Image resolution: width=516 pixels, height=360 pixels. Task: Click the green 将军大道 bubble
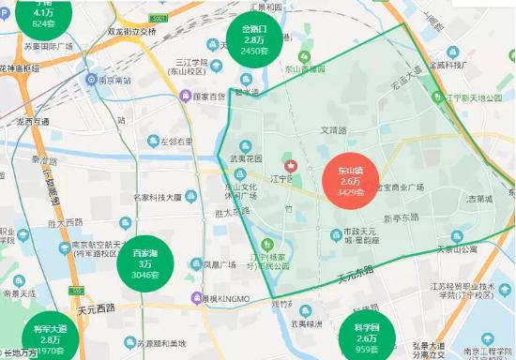pyautogui.click(x=51, y=338)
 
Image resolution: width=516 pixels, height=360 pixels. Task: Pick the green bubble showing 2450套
pyautogui.click(x=254, y=40)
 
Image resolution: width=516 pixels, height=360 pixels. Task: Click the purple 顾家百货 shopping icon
pyautogui.click(x=186, y=96)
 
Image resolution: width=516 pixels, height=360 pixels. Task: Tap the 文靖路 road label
pyautogui.click(x=334, y=130)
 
